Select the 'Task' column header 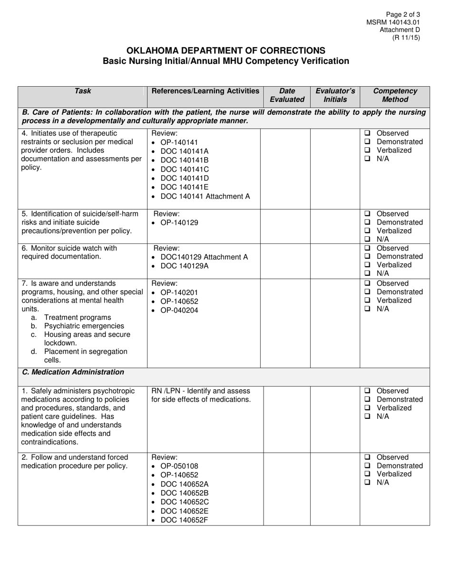click(x=83, y=91)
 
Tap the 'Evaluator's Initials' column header click(x=335, y=95)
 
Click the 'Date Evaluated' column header click(x=287, y=95)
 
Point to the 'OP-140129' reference click(x=179, y=222)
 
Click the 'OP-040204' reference click(x=179, y=310)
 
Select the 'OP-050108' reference click(x=179, y=466)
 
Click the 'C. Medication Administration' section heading click(x=73, y=372)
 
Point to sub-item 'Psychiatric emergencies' click(x=84, y=326)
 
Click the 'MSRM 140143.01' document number click(x=393, y=22)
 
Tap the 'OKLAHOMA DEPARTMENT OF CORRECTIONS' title click(x=226, y=51)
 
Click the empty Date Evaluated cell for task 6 click(x=287, y=260)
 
